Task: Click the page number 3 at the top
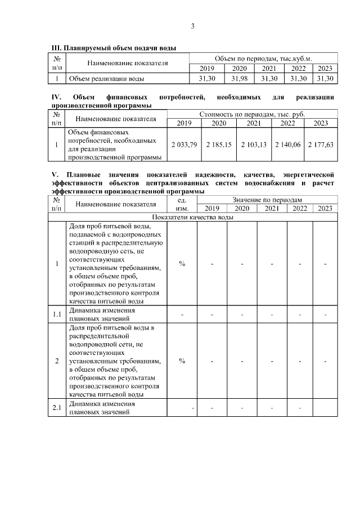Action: tap(193, 25)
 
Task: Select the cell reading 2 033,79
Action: tap(185, 145)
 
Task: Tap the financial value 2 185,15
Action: tap(219, 145)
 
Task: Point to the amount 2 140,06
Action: tap(287, 145)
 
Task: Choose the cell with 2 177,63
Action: tap(321, 145)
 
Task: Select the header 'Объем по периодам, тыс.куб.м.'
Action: tap(263, 58)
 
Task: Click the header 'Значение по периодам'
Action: tap(267, 199)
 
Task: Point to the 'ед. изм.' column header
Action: tap(182, 204)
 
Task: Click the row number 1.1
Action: tap(57, 314)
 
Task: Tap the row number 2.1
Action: tap(57, 408)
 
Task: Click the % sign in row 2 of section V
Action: tap(182, 361)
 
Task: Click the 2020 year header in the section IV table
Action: tap(219, 123)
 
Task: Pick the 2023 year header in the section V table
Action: tap(325, 208)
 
